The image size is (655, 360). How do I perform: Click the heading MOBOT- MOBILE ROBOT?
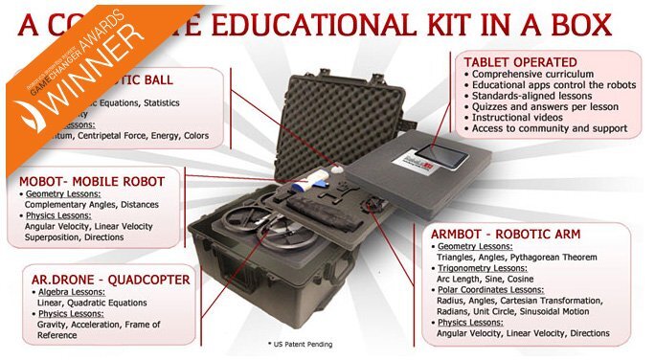pyautogui.click(x=92, y=180)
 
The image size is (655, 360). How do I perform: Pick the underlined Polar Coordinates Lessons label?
pyautogui.click(x=494, y=288)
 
